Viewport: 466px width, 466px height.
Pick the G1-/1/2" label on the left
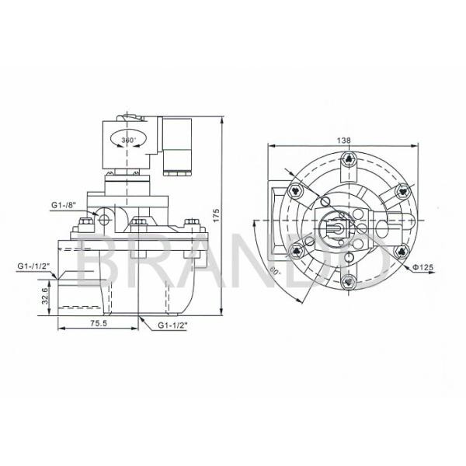pyautogui.click(x=33, y=266)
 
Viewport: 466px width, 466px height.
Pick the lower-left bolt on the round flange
pyautogui.click(x=295, y=250)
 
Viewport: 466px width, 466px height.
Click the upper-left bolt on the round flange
pyautogui.click(x=295, y=192)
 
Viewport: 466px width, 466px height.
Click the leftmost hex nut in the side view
pyautogui.click(x=79, y=228)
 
